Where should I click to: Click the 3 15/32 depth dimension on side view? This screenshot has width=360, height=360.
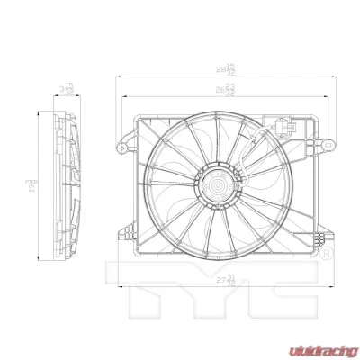(x=65, y=88)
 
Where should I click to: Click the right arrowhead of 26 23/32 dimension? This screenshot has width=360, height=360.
(x=310, y=93)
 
